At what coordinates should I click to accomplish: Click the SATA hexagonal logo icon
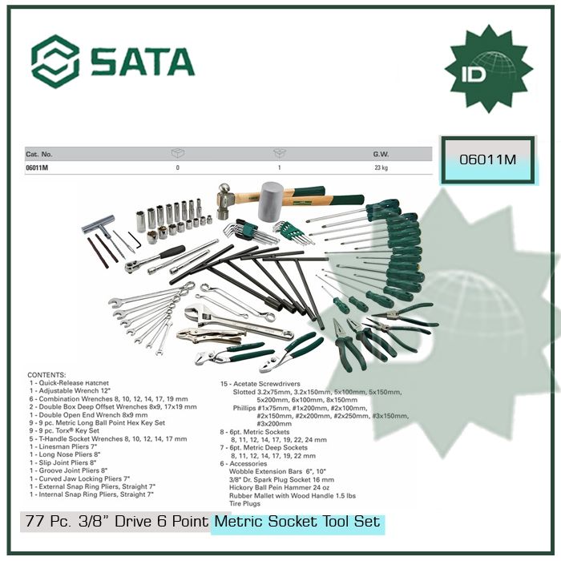55,60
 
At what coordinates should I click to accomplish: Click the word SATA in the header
142,61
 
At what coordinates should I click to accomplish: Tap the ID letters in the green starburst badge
488,69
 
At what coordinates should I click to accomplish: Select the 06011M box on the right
488,160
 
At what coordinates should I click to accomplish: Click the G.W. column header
381,153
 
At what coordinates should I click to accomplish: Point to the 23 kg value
381,167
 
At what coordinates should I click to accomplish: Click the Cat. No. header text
39,153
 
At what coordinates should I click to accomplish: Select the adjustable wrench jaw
195,313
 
